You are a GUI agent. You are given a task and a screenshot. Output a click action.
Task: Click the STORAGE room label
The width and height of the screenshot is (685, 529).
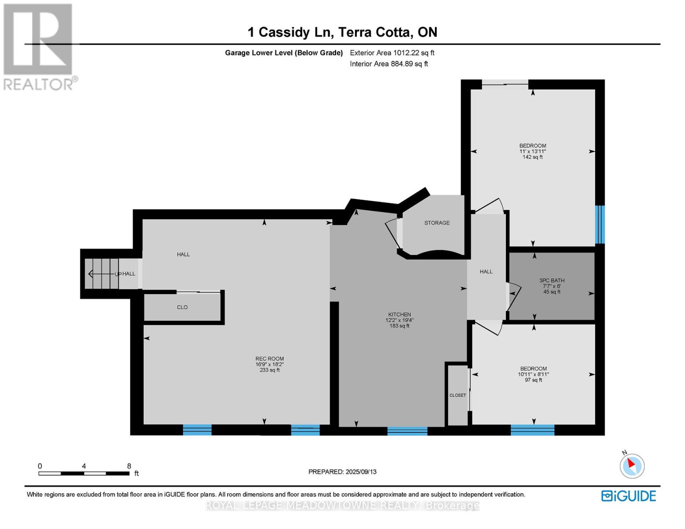pos(437,223)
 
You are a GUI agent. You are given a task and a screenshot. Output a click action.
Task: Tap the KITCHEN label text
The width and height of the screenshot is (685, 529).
pos(400,314)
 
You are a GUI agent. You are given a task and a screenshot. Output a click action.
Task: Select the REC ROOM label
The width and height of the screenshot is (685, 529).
pos(270,359)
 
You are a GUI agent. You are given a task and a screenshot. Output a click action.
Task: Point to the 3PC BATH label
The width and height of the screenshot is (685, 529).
pos(552,280)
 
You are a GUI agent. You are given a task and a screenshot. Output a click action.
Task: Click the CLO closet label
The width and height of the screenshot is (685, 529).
pos(182,307)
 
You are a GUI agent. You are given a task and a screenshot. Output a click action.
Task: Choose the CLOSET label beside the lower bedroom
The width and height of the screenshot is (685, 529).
pos(457,395)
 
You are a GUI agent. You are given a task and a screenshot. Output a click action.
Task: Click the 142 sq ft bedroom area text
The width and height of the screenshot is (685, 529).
pos(532,157)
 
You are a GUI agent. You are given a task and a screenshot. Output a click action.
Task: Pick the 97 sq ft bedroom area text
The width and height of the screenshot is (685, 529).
pos(533,380)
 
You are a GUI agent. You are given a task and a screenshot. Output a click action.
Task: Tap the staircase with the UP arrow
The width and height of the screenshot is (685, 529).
pos(102,274)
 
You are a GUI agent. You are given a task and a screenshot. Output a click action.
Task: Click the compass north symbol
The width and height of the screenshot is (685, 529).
pos(632,466)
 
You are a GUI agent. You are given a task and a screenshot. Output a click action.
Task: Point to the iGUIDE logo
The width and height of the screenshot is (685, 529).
pos(629,496)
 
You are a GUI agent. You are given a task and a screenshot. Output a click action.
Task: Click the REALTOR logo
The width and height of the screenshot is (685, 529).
pos(39,46)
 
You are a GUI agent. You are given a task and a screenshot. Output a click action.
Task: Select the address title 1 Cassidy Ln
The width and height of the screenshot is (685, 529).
pos(342,32)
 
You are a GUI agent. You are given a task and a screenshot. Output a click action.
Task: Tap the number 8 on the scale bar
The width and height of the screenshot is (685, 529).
pos(129,466)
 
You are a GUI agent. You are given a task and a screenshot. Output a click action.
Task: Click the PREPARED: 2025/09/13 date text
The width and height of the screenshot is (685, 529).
pos(342,472)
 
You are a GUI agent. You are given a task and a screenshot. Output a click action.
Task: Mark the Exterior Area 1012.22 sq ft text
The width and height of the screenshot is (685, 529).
pos(392,53)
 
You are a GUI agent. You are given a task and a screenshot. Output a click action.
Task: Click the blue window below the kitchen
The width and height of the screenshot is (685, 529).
pos(407,431)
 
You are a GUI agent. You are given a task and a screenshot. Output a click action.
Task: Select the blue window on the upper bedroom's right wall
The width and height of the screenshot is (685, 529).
pos(599,224)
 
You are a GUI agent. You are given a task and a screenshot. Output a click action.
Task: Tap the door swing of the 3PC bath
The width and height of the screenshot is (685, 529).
pos(514,295)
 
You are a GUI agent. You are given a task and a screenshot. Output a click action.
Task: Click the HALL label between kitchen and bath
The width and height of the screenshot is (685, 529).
pos(486,272)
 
